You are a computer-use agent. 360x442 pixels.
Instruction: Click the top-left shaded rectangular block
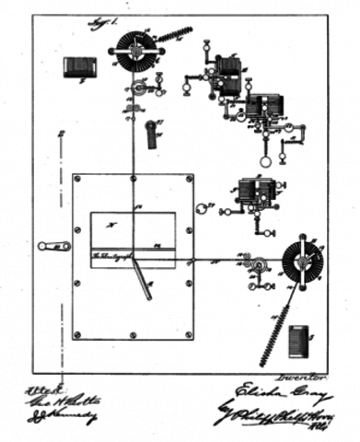(78, 67)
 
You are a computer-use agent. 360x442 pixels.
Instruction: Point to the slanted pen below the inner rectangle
(143, 279)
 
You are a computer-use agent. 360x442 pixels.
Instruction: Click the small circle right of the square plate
(203, 210)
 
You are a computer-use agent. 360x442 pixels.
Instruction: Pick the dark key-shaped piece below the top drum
(151, 134)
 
